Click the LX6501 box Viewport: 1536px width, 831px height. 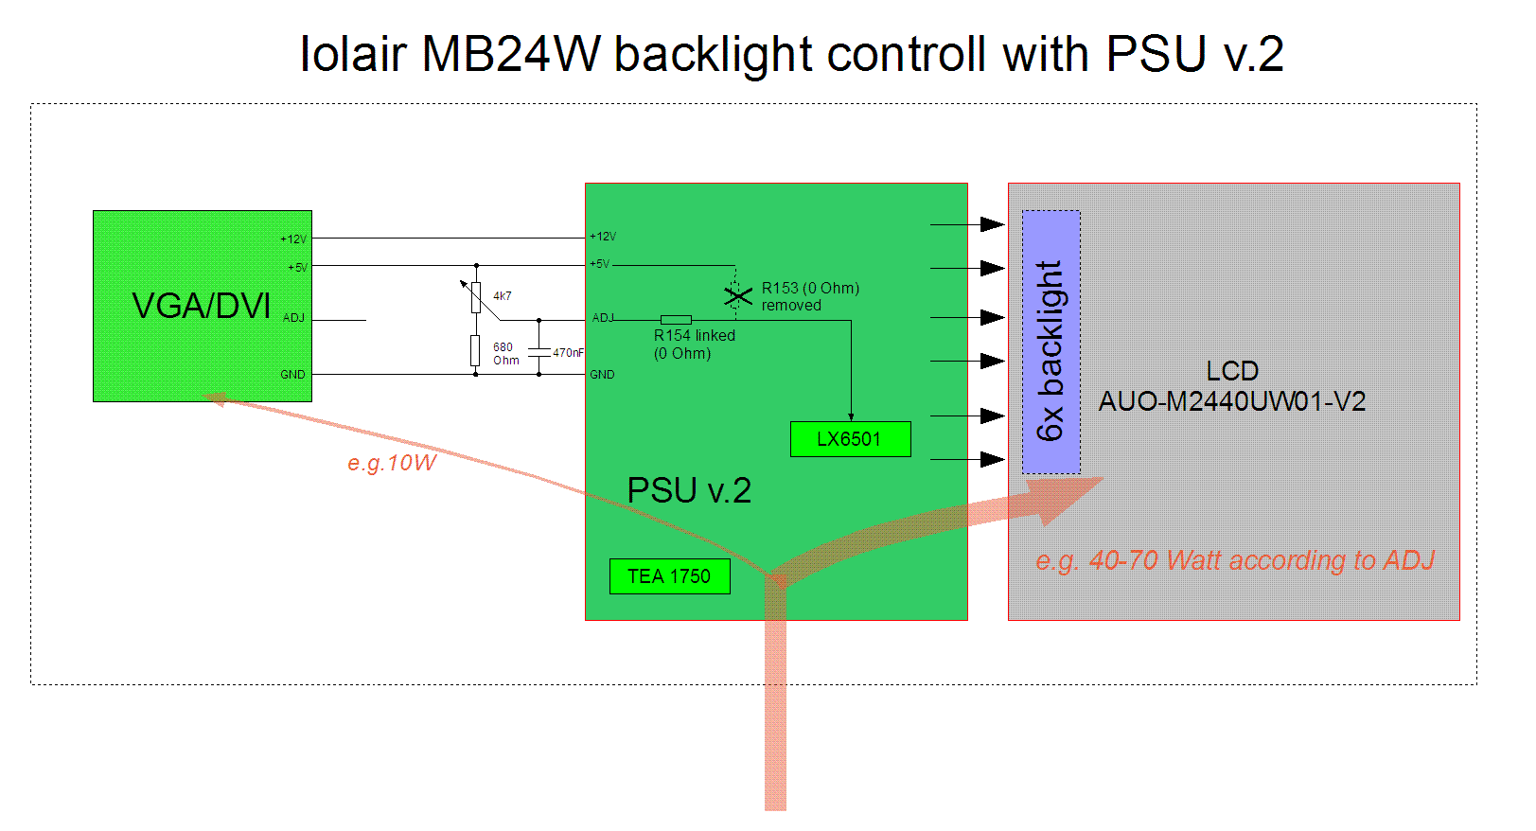[x=850, y=439]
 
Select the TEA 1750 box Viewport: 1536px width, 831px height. [x=669, y=576]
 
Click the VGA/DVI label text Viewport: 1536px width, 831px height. [x=201, y=306]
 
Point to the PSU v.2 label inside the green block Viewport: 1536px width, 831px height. [x=689, y=490]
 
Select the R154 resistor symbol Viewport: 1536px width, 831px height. [x=676, y=320]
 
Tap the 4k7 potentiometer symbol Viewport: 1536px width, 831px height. [x=475, y=297]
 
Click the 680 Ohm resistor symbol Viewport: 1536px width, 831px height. [x=475, y=351]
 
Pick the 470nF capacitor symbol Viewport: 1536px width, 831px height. [x=538, y=352]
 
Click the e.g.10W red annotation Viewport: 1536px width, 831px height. [x=391, y=463]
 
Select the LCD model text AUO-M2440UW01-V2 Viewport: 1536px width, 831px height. [x=1231, y=401]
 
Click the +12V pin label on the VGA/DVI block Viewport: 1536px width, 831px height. [x=293, y=239]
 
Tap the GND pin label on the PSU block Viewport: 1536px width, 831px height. [x=602, y=375]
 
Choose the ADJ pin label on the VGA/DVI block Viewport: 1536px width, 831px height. [x=293, y=318]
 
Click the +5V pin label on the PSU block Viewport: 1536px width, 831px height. [x=600, y=264]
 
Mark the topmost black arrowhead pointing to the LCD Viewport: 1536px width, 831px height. [x=992, y=224]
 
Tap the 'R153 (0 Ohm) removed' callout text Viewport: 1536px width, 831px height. [x=810, y=296]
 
